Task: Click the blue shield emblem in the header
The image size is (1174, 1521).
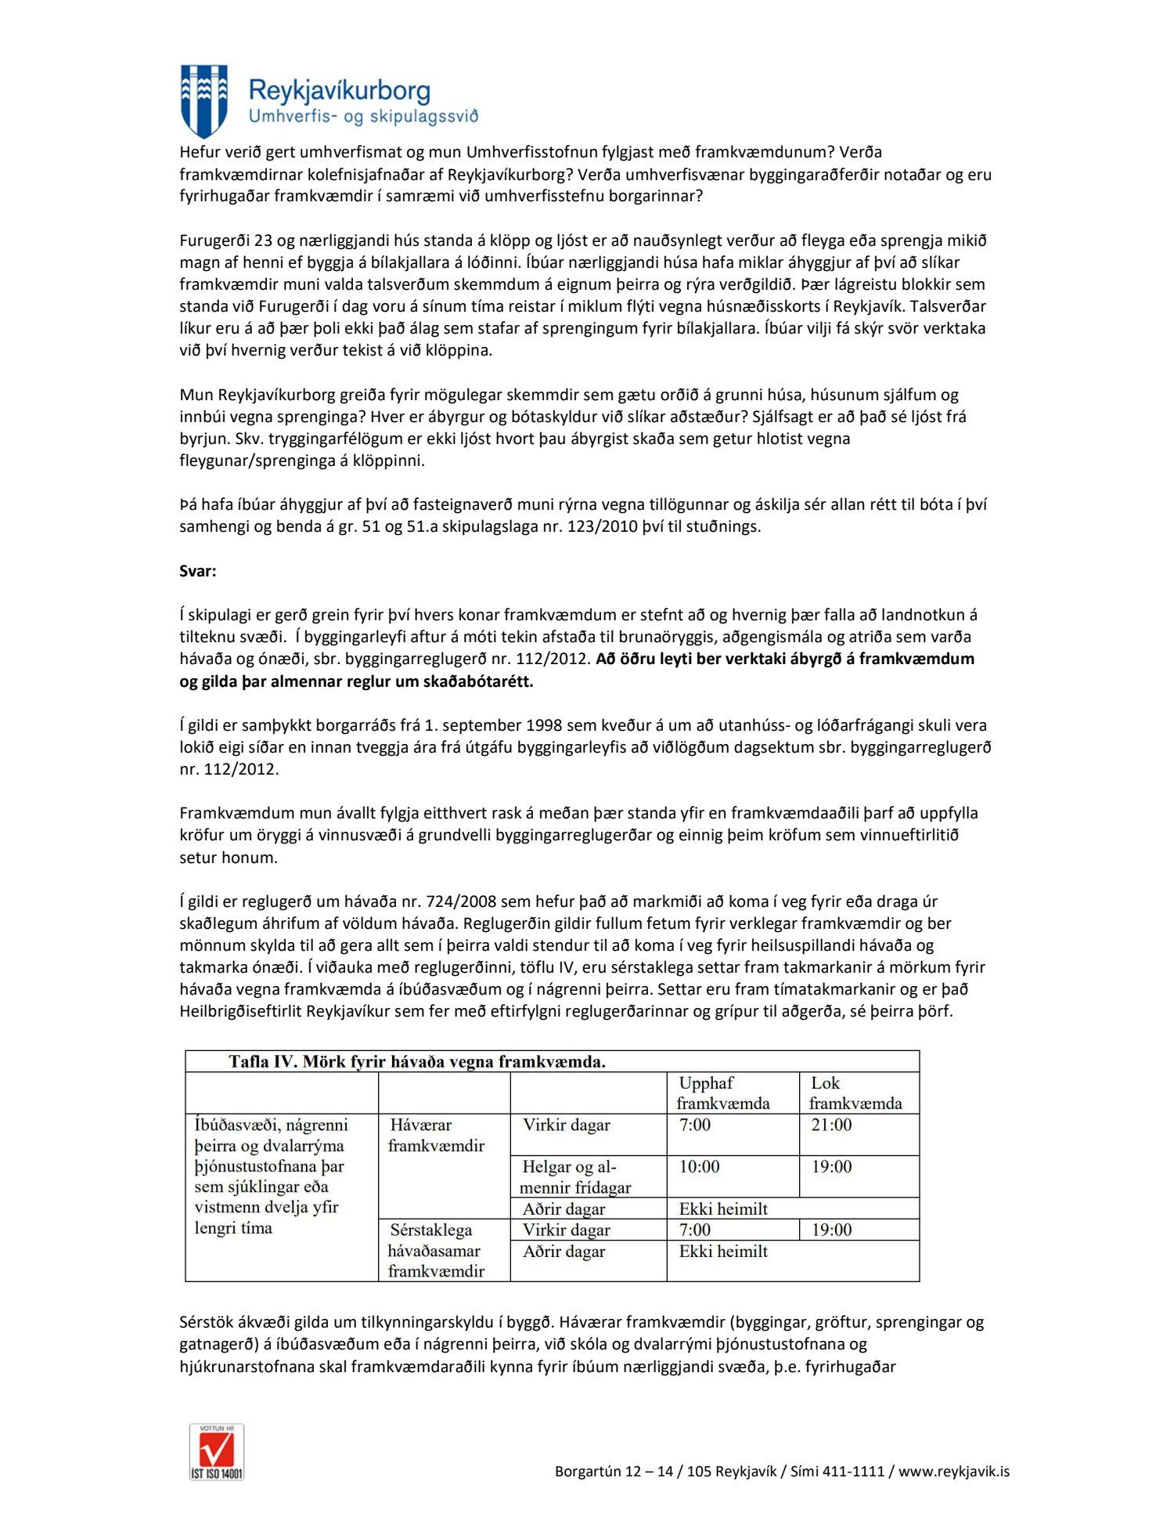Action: click(203, 101)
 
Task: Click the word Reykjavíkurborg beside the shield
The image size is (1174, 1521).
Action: click(339, 91)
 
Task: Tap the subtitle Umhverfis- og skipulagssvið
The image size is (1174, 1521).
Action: click(363, 117)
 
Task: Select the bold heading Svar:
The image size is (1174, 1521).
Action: click(198, 571)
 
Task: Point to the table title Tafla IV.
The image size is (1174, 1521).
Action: click(417, 1062)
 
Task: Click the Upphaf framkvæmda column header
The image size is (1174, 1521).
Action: click(723, 1093)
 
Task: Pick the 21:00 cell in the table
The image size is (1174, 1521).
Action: click(831, 1125)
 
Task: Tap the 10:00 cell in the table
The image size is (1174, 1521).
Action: click(699, 1167)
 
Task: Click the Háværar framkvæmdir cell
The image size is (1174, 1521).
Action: click(436, 1135)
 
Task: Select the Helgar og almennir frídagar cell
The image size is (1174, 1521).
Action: click(575, 1177)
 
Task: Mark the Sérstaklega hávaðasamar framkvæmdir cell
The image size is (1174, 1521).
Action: click(436, 1250)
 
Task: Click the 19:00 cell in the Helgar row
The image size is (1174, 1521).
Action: click(831, 1167)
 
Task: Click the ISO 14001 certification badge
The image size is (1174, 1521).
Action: click(217, 1451)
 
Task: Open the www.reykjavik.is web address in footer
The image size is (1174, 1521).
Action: click(953, 1472)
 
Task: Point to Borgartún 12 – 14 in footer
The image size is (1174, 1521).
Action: click(614, 1472)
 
